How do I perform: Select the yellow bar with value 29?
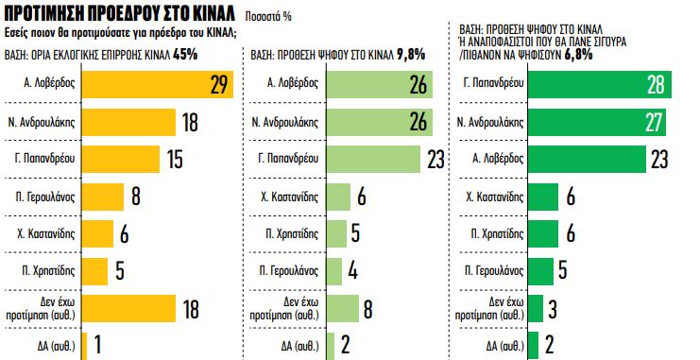pyautogui.click(x=157, y=85)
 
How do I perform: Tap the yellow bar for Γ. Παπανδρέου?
pyautogui.click(x=123, y=159)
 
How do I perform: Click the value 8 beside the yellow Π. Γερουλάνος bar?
pyautogui.click(x=136, y=197)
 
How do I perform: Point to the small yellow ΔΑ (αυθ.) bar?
pyautogui.click(x=84, y=345)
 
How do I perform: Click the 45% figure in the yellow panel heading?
pyautogui.click(x=186, y=55)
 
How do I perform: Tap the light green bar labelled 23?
pyautogui.click(x=374, y=159)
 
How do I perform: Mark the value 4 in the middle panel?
pyautogui.click(x=351, y=270)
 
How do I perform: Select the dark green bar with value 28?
pyautogui.click(x=599, y=85)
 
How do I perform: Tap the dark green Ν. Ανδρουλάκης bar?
pyautogui.click(x=596, y=122)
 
